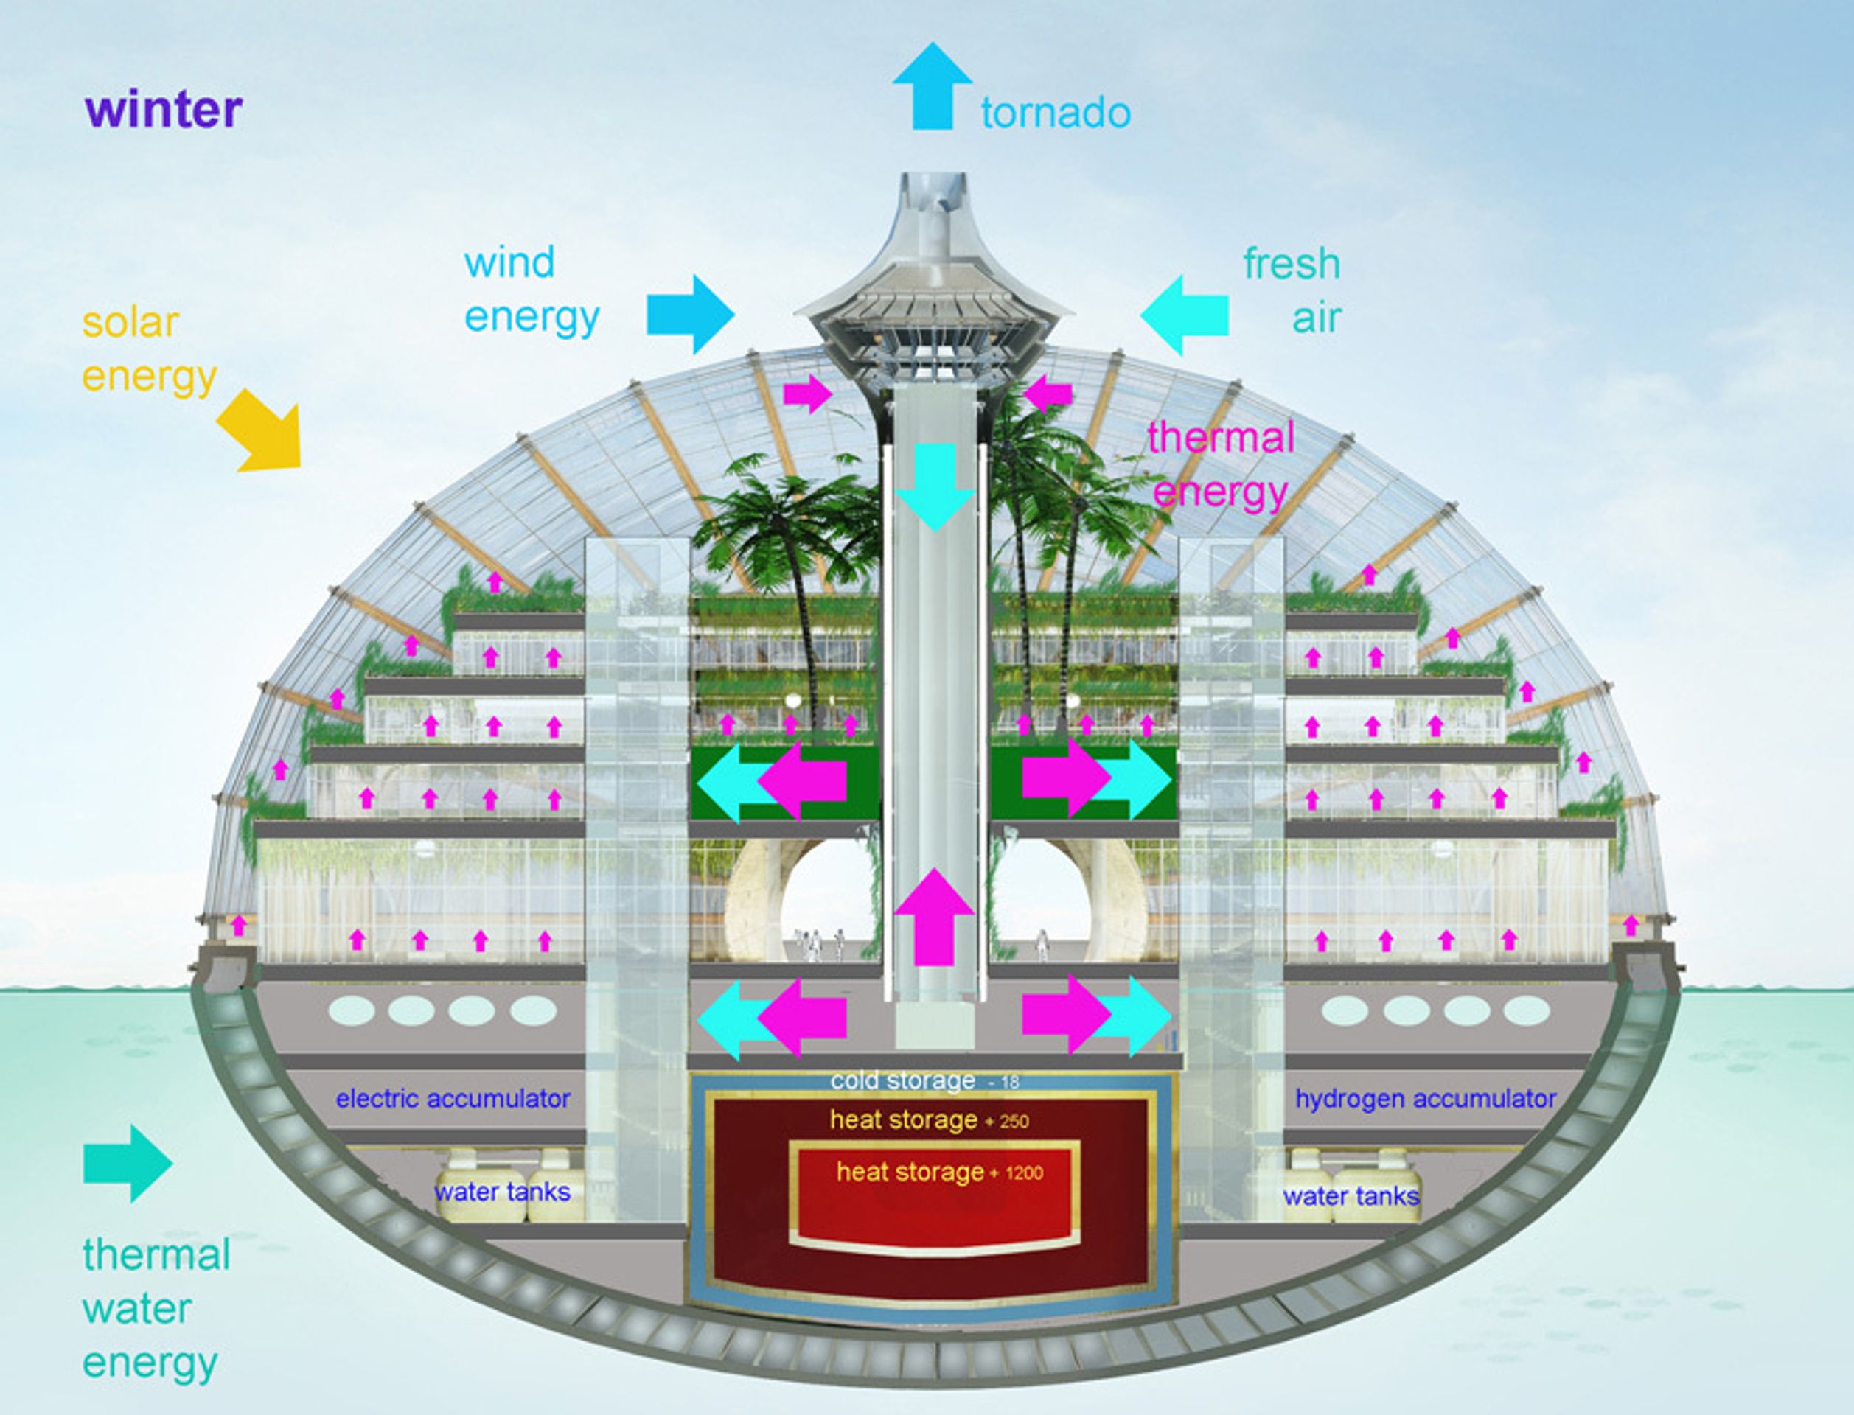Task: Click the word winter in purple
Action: [x=164, y=110]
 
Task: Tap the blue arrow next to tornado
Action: [x=933, y=86]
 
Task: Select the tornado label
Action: [x=1056, y=113]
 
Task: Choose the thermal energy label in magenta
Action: [x=1221, y=464]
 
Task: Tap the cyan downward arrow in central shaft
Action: [x=934, y=487]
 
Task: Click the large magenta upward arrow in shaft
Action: [x=934, y=916]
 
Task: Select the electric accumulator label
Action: [x=453, y=1098]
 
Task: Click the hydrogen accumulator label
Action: [x=1425, y=1098]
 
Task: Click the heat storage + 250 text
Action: [x=929, y=1119]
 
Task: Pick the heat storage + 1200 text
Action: [x=939, y=1172]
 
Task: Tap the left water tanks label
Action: [x=502, y=1192]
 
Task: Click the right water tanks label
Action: [x=1351, y=1196]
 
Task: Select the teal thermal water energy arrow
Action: [x=128, y=1163]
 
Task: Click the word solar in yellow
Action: [x=130, y=323]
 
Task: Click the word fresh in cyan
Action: [x=1292, y=264]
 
